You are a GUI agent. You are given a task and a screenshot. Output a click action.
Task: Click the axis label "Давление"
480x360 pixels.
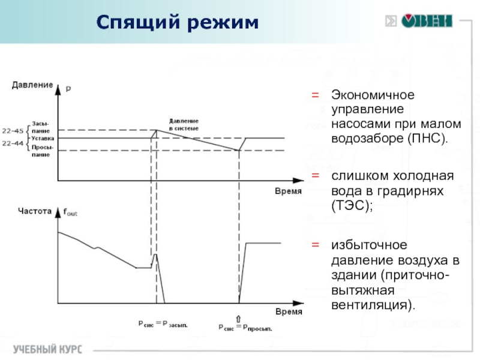point(32,85)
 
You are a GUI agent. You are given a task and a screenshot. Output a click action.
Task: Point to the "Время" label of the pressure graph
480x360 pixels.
point(288,190)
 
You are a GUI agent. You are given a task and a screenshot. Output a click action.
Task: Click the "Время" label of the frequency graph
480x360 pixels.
point(288,313)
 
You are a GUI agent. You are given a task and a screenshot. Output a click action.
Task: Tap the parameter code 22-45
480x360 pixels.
point(13,130)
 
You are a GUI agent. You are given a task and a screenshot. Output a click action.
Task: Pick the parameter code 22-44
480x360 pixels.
point(13,143)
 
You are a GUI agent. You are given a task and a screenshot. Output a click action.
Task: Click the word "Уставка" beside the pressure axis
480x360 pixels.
point(43,138)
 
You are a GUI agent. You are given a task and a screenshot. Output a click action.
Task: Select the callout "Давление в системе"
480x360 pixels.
point(184,124)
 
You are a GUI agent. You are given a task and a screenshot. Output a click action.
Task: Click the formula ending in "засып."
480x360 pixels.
point(163,325)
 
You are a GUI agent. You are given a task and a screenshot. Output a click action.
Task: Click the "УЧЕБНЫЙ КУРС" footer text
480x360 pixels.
point(48,349)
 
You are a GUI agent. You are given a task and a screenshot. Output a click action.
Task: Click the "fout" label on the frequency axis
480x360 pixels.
point(70,212)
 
